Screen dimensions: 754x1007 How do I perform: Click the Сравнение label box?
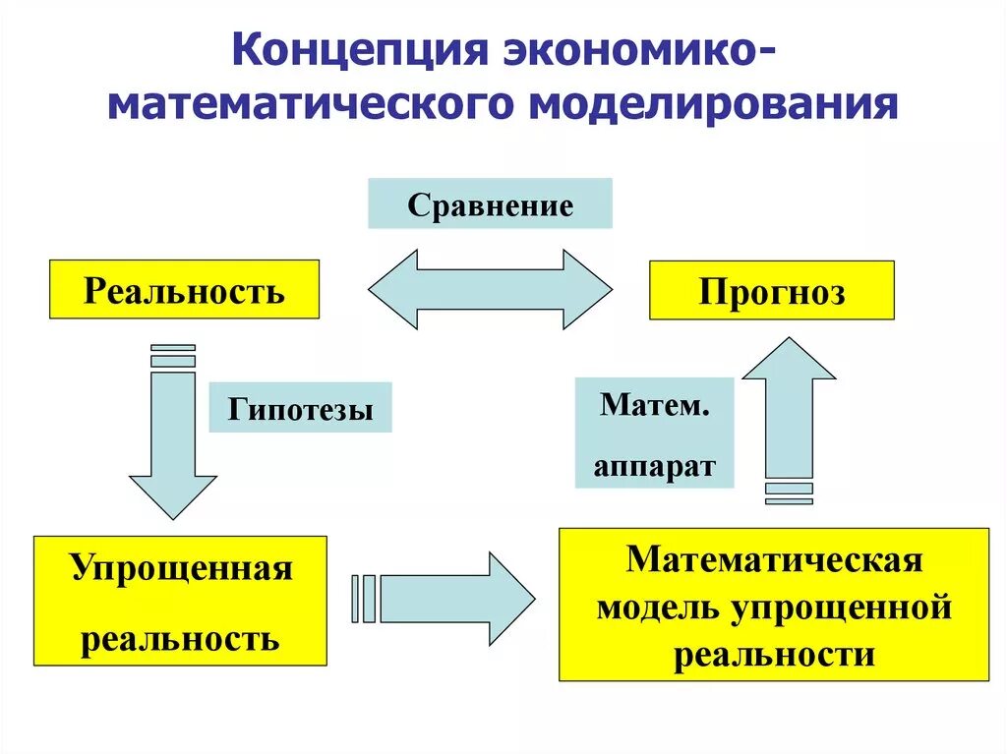(490, 204)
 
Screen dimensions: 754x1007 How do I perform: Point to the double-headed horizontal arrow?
(490, 289)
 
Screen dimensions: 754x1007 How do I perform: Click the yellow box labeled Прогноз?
(772, 291)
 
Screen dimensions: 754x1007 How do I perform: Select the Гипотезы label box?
(300, 408)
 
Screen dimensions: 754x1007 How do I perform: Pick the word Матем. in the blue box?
(654, 405)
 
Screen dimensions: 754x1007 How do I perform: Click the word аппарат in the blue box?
(654, 465)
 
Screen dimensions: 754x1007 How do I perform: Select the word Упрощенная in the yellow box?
(181, 569)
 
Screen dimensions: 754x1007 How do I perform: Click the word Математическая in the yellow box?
(775, 559)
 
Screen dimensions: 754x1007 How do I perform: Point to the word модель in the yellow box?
(657, 607)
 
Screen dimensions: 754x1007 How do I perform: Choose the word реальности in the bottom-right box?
(774, 654)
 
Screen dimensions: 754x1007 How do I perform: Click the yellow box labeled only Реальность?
(185, 290)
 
